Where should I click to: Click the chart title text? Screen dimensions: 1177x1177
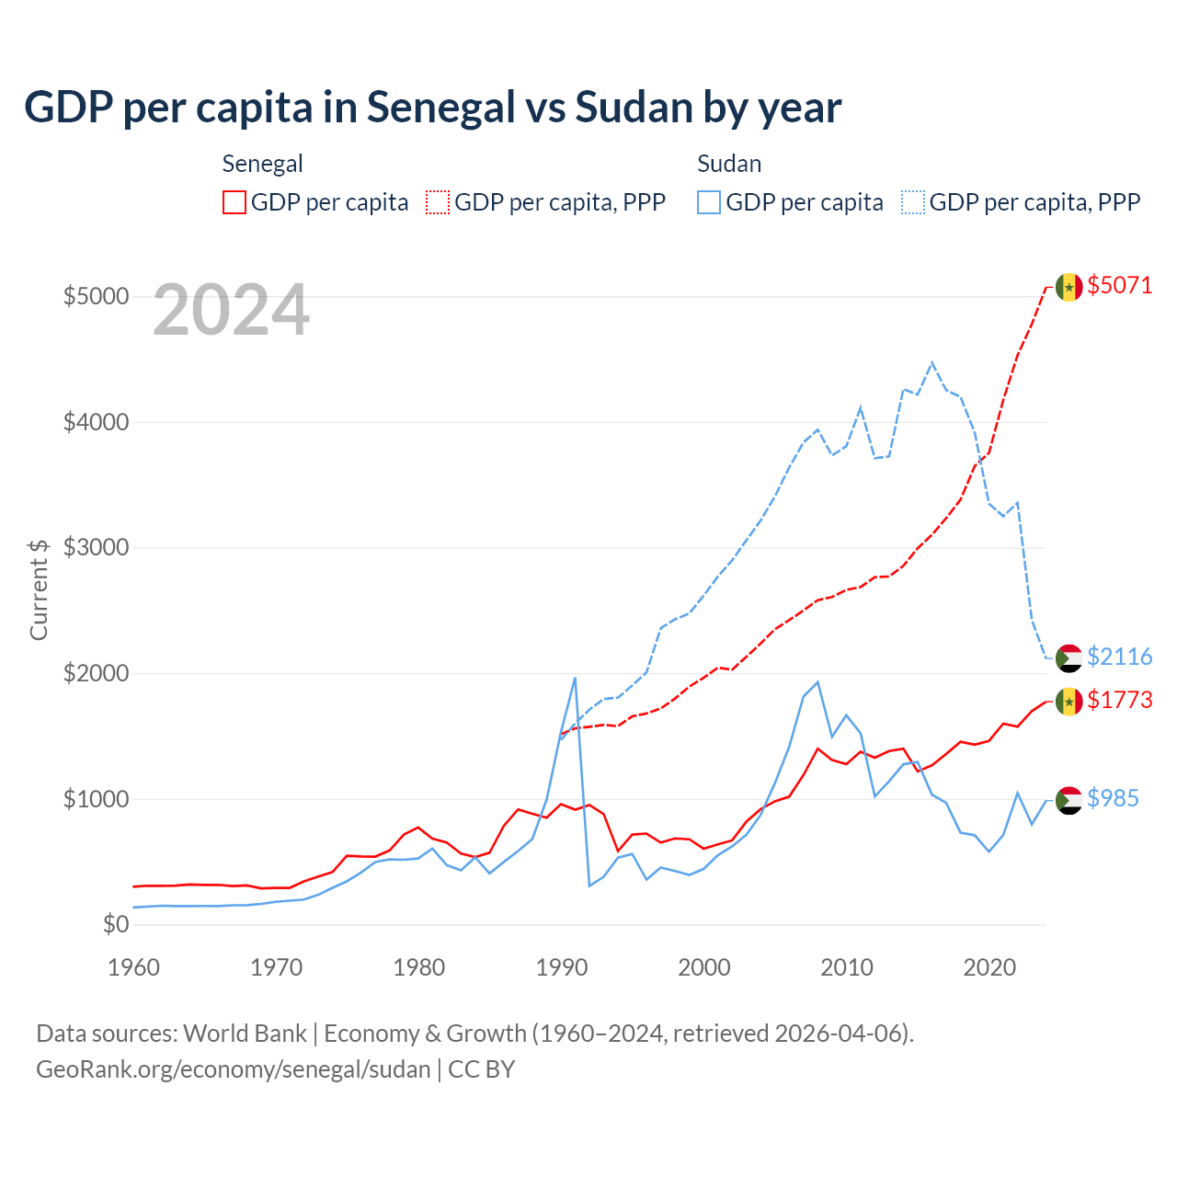tap(432, 108)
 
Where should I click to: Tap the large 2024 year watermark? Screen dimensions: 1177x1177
tap(231, 311)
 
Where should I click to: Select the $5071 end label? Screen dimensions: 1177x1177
tap(1119, 285)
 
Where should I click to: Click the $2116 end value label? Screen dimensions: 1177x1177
tap(1119, 657)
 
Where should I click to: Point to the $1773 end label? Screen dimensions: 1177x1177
tap(1119, 700)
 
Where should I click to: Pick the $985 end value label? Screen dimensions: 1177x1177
tap(1113, 798)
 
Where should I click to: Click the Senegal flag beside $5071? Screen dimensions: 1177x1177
tap(1068, 287)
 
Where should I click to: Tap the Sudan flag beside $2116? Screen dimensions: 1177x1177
tap(1068, 657)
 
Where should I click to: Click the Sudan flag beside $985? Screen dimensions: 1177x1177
tap(1068, 800)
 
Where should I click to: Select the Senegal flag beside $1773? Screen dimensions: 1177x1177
tap(1068, 702)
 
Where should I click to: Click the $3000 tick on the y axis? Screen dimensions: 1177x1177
tap(96, 547)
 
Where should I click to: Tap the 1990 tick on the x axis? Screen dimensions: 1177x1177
tap(562, 967)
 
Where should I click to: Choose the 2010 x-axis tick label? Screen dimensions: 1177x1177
tap(847, 967)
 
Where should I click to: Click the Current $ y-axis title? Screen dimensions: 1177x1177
tap(39, 589)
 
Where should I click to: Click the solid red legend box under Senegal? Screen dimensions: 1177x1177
tap(234, 202)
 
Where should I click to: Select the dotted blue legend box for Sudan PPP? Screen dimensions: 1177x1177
tap(913, 202)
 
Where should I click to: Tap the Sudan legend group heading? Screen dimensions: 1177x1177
tap(729, 164)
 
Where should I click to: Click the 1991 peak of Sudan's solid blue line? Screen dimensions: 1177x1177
tap(575, 679)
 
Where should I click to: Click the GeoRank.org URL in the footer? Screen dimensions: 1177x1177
tap(234, 1069)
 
